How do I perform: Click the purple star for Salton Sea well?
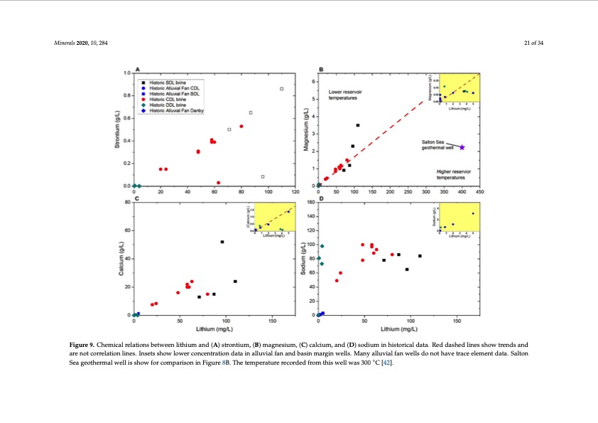coord(462,147)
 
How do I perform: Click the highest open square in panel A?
coord(282,89)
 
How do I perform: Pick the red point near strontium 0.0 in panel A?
coord(218,183)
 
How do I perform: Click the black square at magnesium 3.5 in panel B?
coord(357,125)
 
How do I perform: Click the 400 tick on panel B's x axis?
coord(462,192)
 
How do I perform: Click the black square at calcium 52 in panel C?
coord(222,242)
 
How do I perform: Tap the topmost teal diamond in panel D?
coord(322,246)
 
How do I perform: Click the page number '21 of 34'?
coord(532,43)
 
